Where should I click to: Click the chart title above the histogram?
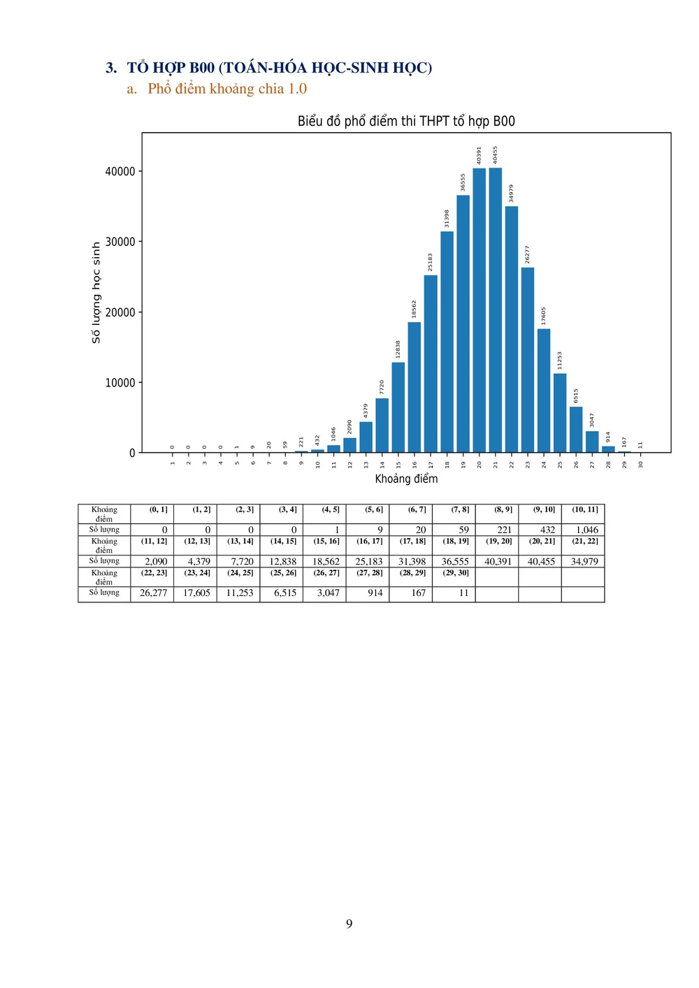[x=406, y=121]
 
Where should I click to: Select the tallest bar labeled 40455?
[x=496, y=311]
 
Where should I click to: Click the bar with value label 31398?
[x=447, y=342]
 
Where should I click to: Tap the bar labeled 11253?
[x=560, y=413]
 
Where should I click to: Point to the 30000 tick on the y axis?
[x=120, y=242]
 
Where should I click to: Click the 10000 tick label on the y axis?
[x=120, y=383]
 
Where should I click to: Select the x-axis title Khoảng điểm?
[x=406, y=479]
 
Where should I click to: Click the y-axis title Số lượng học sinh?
[x=96, y=293]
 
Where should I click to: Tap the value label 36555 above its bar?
[x=463, y=182]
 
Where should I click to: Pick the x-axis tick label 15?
[x=398, y=464]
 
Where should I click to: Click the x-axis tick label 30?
[x=640, y=464]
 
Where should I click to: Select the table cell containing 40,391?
[x=498, y=561]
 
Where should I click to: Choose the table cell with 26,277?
[x=153, y=593]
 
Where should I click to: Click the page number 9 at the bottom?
[x=349, y=924]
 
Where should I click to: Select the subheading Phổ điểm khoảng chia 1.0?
[x=226, y=89]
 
